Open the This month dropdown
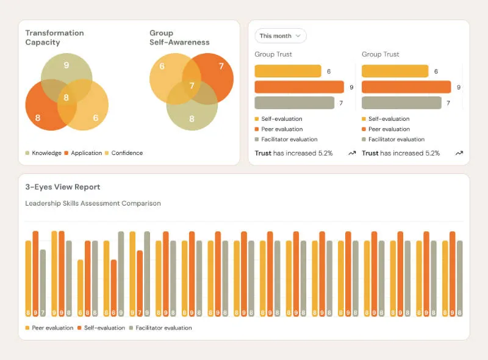tap(280, 36)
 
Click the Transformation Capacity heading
tap(54, 37)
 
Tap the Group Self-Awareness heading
tap(179, 37)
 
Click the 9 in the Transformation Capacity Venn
tap(66, 65)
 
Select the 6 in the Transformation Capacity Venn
tap(96, 118)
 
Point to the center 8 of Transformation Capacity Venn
tap(66, 98)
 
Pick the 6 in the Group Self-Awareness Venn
tap(162, 66)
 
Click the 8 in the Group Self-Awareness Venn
tap(192, 119)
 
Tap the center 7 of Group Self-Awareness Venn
tap(192, 86)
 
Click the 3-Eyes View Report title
tap(62, 187)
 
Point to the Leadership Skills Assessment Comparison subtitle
tap(93, 203)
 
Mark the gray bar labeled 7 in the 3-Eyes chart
tap(43, 281)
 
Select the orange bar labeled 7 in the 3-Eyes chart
tap(140, 281)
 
